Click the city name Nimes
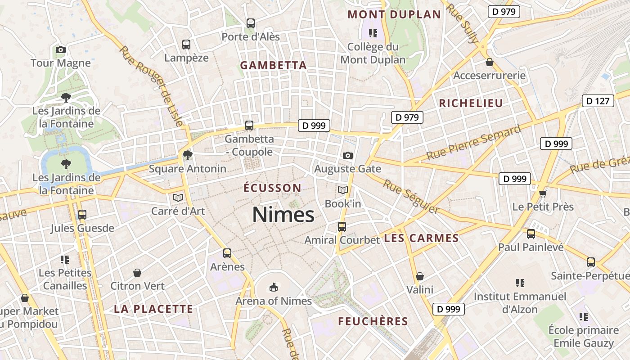coord(283,215)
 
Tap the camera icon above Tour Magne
coord(61,49)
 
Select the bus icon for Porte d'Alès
coord(251,23)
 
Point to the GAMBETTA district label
coord(273,65)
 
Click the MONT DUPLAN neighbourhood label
coord(394,14)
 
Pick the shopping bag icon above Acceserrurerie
coord(489,62)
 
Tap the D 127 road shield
coord(598,101)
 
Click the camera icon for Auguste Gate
coord(347,155)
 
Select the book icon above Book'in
coord(343,190)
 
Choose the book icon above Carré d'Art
coord(178,198)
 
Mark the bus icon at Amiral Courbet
coord(342,226)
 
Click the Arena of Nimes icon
coord(273,287)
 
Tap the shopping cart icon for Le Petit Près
coord(543,193)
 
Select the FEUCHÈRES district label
coord(373,321)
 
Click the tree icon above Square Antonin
coord(187,156)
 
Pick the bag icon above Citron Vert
coord(137,273)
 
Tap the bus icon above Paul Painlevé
coord(531,234)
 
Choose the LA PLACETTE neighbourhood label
coord(153,309)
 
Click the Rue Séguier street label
coord(410,197)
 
